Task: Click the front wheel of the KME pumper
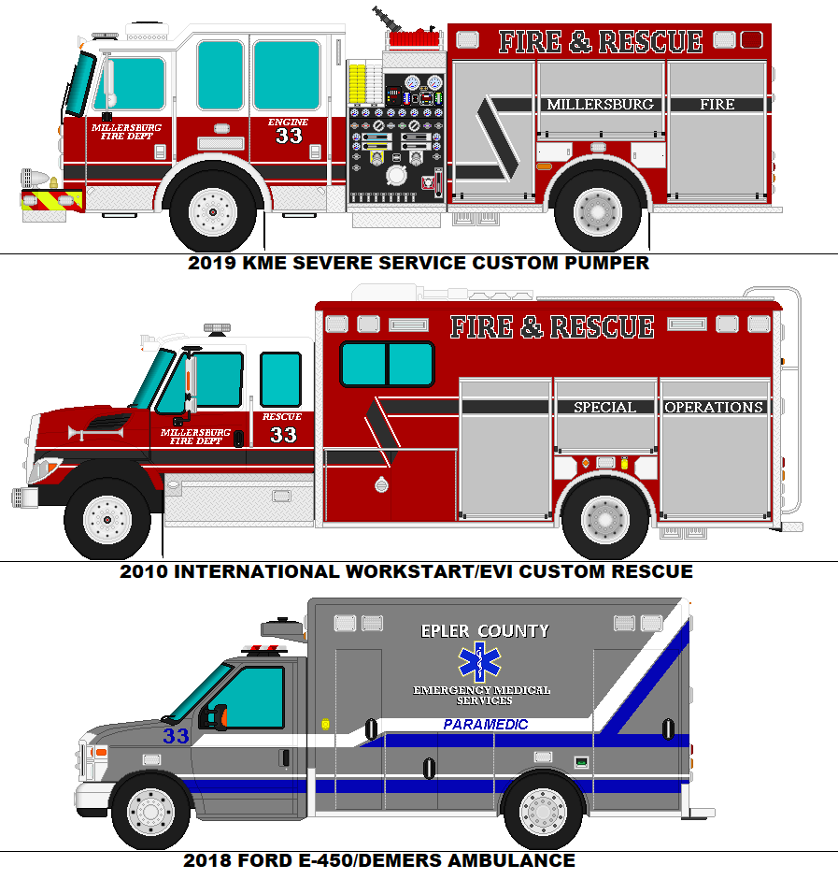[213, 211]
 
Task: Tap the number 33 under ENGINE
[289, 136]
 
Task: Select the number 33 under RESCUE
[283, 435]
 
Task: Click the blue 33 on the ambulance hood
[176, 736]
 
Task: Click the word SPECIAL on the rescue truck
[604, 408]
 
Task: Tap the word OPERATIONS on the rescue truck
[715, 408]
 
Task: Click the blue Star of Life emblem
[479, 661]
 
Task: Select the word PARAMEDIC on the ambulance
[486, 725]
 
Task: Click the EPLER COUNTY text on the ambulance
[485, 631]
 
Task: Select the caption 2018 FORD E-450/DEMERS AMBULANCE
[379, 860]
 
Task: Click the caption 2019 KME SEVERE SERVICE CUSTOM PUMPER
[419, 263]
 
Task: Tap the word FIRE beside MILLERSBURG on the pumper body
[717, 105]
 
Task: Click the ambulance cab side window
[249, 698]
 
